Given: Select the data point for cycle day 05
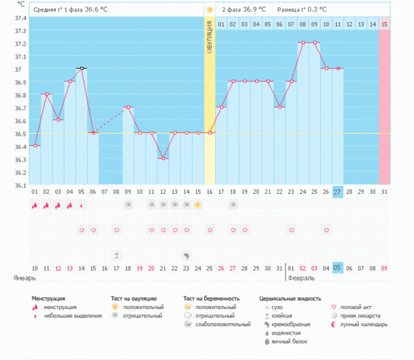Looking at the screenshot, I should pos(81,68).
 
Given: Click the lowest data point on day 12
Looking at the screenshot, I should pos(163,159).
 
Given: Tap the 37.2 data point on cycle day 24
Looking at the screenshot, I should pos(302,42).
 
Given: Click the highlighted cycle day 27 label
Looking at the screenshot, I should pos(337,192).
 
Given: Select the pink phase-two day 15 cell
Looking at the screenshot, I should pos(384,25).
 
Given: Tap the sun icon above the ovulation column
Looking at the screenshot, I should pos(209,10).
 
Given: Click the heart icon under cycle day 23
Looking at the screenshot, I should pos(291,230).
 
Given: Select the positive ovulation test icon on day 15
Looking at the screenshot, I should pos(197,205).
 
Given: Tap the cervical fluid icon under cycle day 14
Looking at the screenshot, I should pos(186,255).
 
